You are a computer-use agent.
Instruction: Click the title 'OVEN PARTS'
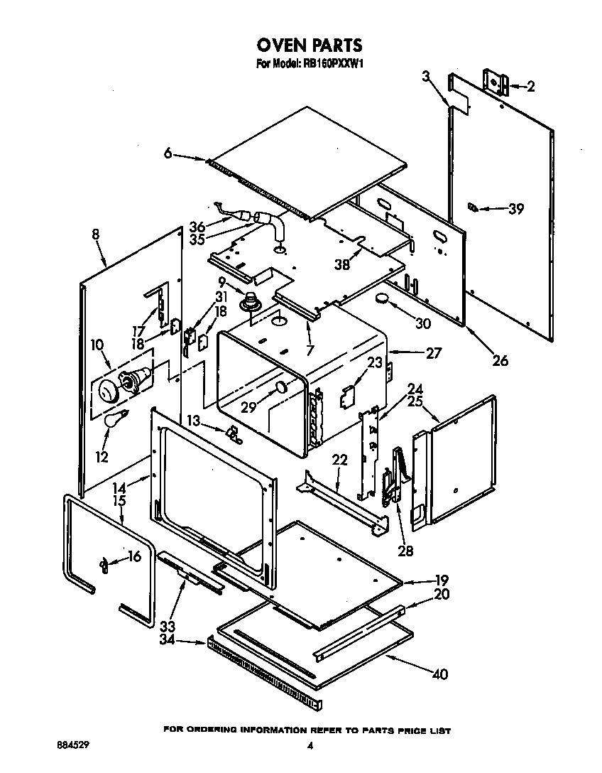(309, 45)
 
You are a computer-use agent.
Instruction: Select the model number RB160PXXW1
(333, 64)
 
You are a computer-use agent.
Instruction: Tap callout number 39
(515, 208)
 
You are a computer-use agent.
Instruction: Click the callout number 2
(530, 86)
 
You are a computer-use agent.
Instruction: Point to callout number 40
(440, 674)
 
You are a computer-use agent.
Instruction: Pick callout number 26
(500, 360)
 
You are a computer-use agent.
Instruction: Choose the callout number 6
(168, 153)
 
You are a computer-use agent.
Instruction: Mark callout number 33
(167, 627)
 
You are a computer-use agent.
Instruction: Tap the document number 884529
(73, 746)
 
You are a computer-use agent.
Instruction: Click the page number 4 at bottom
(310, 746)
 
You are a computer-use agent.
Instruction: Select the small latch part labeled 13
(232, 433)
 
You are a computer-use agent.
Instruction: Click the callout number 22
(339, 460)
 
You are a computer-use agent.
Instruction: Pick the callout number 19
(441, 579)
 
